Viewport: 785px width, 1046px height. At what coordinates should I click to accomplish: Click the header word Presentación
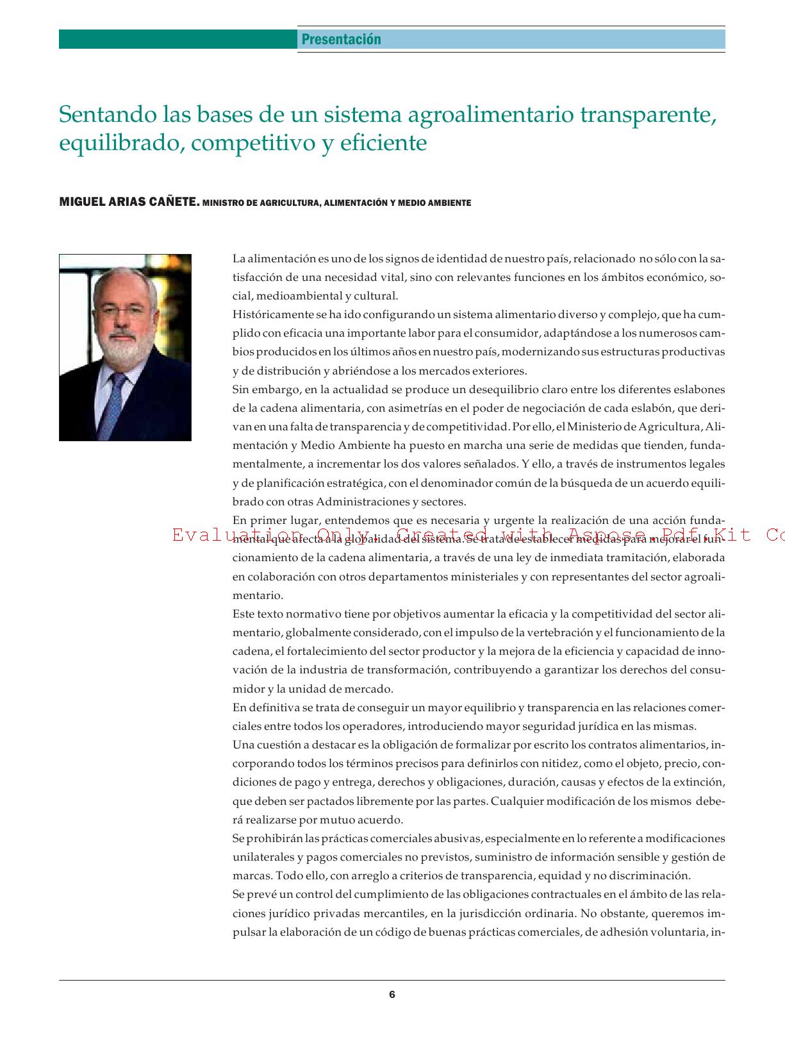coord(341,40)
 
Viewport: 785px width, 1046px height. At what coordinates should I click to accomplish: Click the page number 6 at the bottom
coord(392,995)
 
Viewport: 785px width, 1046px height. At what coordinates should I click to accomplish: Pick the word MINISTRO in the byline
coord(222,203)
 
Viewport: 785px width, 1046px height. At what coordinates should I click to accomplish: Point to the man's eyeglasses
coord(117,312)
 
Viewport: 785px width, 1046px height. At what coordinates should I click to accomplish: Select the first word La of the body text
coord(239,259)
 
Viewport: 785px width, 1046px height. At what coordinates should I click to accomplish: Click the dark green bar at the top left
coord(178,40)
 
